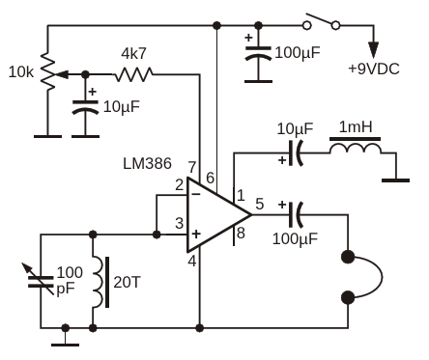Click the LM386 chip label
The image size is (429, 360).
tap(147, 163)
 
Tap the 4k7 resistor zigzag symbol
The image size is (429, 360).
tap(134, 74)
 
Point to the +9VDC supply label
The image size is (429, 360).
tap(374, 69)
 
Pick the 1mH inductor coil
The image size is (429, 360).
tap(355, 147)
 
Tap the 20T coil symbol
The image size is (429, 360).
tap(100, 282)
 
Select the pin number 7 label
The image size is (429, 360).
tap(192, 168)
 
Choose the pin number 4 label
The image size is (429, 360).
tap(192, 262)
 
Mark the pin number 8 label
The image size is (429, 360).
tap(241, 233)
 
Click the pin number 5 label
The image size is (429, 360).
tap(260, 204)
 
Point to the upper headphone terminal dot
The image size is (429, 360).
tap(348, 257)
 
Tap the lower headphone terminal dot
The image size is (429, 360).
tap(348, 298)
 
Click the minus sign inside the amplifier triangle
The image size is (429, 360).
tap(196, 194)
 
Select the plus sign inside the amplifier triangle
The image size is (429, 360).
tap(196, 234)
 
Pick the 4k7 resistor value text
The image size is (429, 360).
tap(133, 54)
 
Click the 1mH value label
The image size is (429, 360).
tap(356, 127)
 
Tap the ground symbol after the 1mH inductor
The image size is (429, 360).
tap(396, 180)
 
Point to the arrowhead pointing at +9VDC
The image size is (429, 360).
tap(374, 50)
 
